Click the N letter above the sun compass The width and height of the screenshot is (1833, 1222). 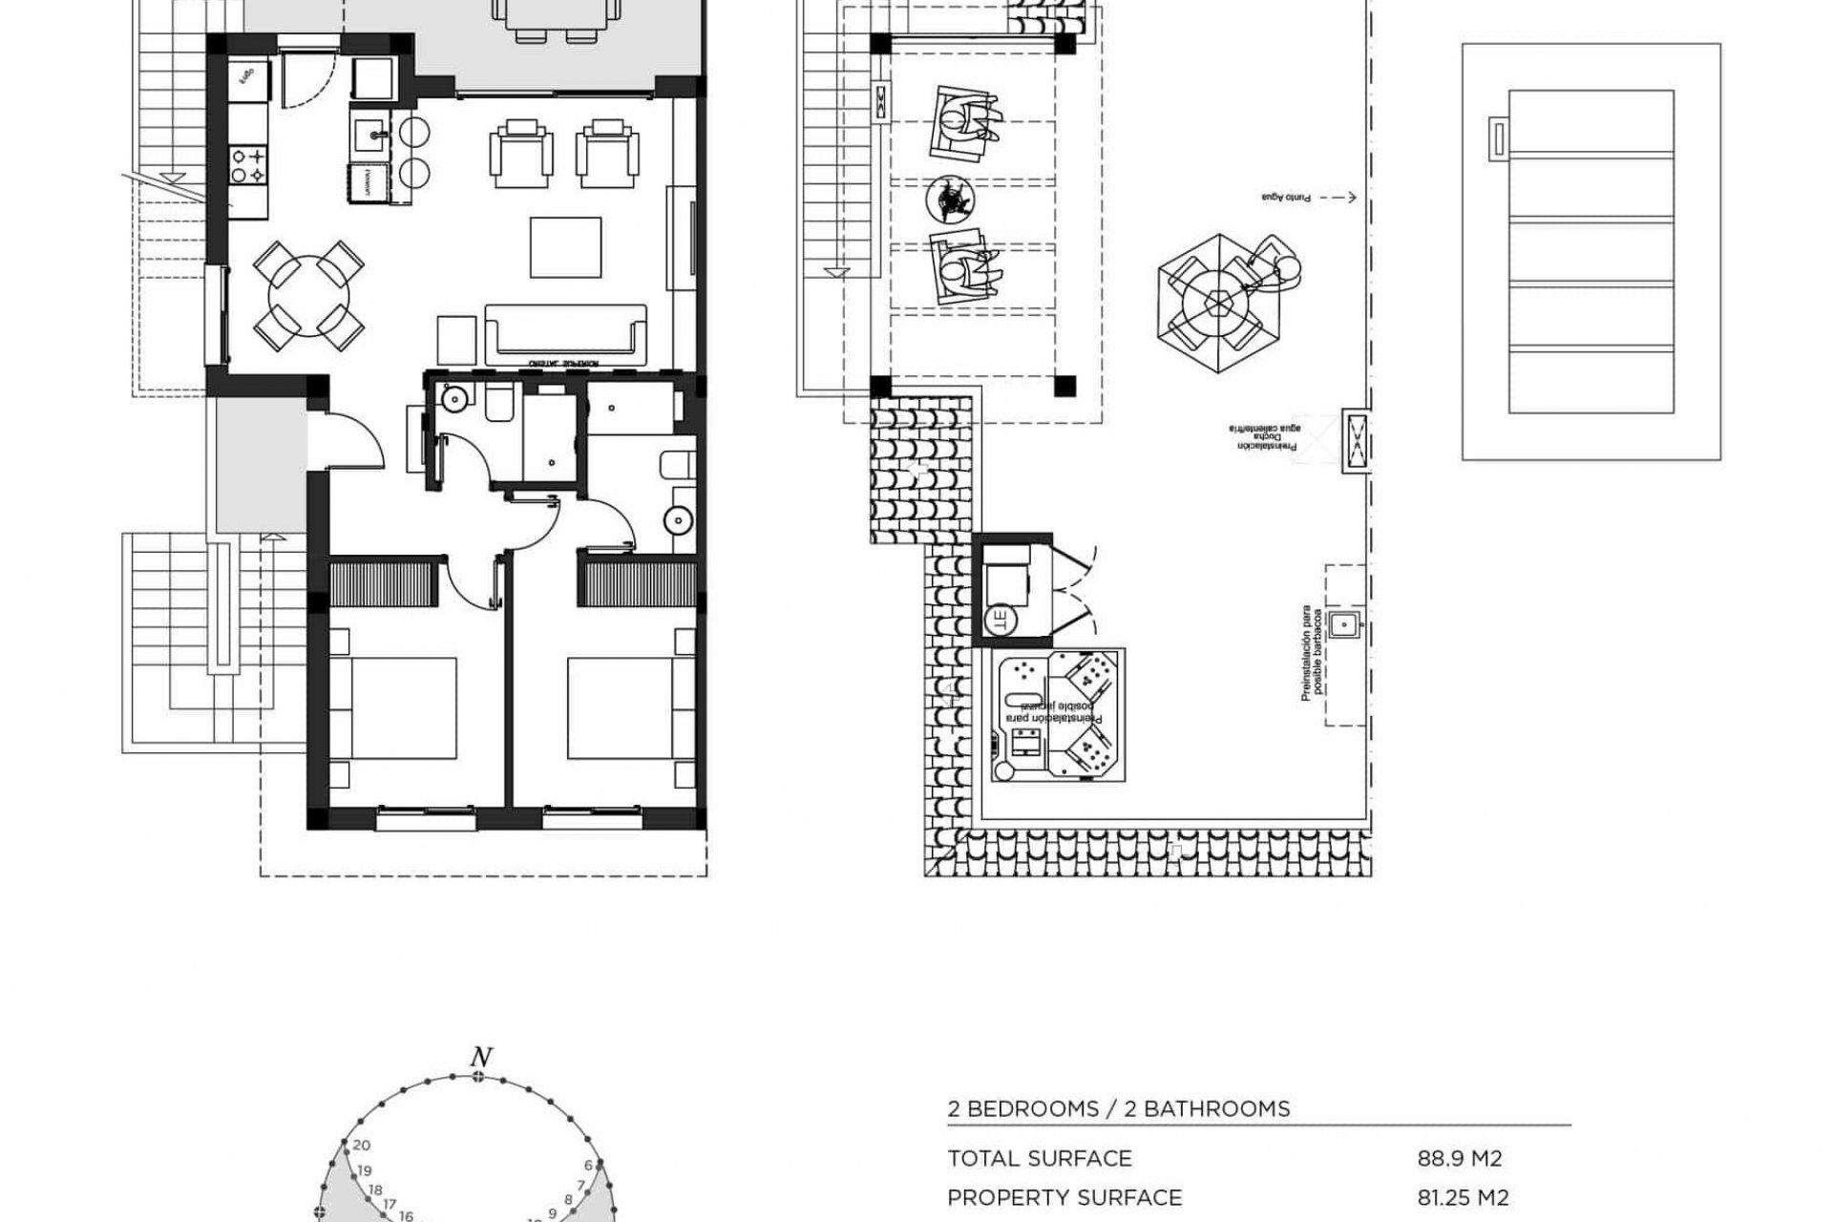(x=481, y=1057)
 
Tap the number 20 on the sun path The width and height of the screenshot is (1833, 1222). (x=361, y=1146)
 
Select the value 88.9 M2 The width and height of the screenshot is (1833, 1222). (x=1460, y=1159)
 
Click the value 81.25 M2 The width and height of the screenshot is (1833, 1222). (x=1464, y=1197)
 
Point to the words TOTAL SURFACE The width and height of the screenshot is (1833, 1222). (x=1040, y=1159)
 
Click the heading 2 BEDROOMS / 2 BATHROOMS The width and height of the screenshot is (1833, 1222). (x=1119, y=1108)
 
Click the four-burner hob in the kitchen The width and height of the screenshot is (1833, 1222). (x=247, y=164)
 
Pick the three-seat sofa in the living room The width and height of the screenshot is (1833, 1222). (x=565, y=333)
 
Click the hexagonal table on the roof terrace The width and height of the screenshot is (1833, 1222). (x=1216, y=305)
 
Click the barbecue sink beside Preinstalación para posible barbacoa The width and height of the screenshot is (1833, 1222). (x=1344, y=623)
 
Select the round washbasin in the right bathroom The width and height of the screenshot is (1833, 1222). (x=679, y=520)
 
